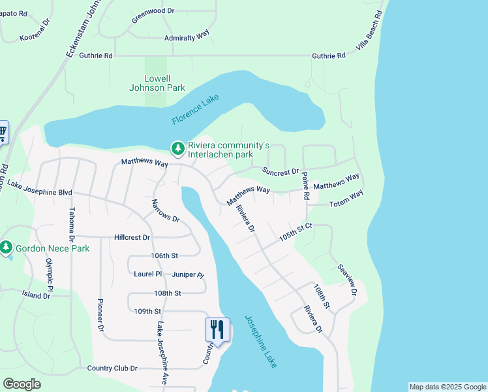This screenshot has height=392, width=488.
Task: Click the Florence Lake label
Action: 195,110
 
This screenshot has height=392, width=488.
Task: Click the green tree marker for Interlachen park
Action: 177,150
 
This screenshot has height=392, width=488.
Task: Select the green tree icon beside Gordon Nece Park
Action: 7,248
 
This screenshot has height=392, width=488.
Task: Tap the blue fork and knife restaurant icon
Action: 217,329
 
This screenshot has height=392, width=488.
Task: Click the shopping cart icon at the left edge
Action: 3,133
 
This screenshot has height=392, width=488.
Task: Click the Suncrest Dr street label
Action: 281,171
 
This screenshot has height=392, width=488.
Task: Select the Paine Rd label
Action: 305,186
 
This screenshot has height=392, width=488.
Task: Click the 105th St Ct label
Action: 297,231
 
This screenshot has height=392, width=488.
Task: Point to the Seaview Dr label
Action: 346,280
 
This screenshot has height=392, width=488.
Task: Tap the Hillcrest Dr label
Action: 132,238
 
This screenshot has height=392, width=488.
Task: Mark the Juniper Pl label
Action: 188,275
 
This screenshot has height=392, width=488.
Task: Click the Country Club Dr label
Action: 112,368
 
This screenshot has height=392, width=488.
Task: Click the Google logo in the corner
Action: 22,384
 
